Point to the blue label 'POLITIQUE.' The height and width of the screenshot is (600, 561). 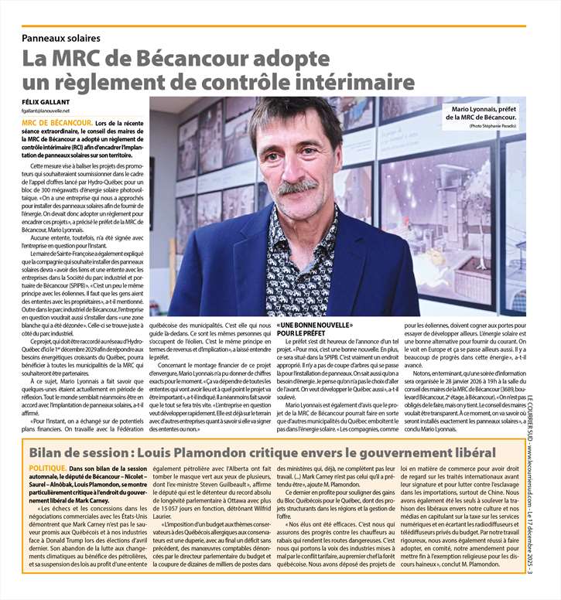(47, 469)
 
